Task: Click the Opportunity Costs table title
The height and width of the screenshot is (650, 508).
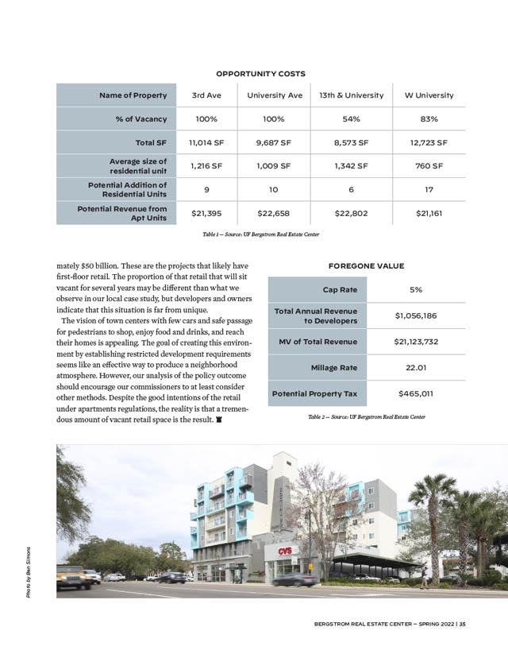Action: click(x=260, y=73)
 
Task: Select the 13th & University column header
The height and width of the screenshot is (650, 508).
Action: click(x=351, y=95)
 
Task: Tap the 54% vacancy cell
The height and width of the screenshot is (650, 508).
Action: click(x=351, y=119)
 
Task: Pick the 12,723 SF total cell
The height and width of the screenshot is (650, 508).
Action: click(x=429, y=143)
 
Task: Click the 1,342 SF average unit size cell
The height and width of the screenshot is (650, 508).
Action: click(x=351, y=166)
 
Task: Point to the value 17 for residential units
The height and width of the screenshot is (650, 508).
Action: click(x=429, y=190)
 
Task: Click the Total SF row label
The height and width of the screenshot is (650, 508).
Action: click(x=151, y=143)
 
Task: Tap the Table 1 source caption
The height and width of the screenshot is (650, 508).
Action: click(x=260, y=234)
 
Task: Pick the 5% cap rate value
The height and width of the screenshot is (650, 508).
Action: click(x=416, y=290)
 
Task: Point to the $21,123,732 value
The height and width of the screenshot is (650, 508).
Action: click(x=416, y=342)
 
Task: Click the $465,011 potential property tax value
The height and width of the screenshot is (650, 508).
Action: click(x=416, y=393)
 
